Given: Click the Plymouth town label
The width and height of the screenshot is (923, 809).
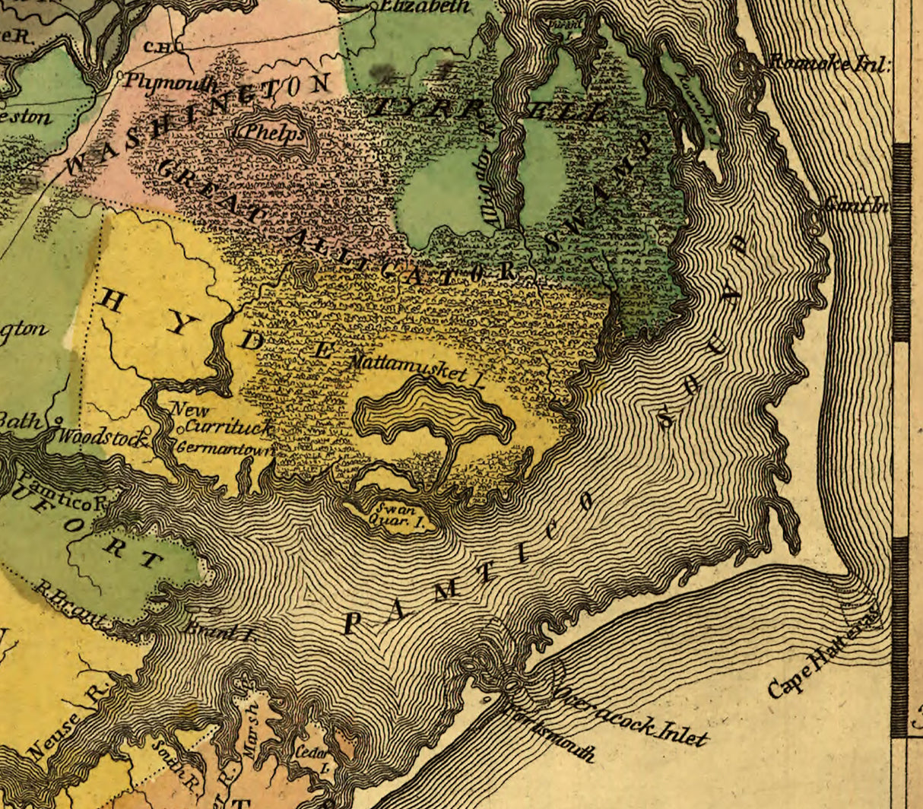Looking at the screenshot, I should (x=170, y=82).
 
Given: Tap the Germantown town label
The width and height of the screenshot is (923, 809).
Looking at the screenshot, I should (x=224, y=449).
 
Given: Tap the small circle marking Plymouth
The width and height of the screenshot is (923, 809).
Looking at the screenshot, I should (x=122, y=76).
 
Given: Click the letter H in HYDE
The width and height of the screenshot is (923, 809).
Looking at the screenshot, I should (x=112, y=302).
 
